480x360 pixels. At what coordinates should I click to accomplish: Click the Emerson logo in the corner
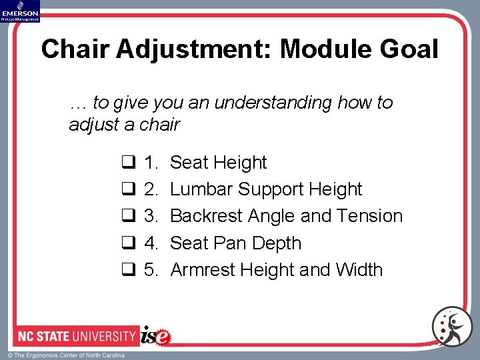pos(21,11)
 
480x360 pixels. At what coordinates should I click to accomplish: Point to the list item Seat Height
pos(218,163)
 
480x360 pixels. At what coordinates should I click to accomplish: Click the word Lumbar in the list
pos(201,189)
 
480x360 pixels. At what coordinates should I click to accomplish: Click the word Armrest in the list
pos(204,270)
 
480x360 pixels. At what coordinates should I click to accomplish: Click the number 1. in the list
pos(151,163)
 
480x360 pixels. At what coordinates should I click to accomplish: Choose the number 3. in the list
pos(151,216)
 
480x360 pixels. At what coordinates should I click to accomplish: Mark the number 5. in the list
pos(151,270)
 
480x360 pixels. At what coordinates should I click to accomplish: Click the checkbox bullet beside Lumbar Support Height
pos(128,190)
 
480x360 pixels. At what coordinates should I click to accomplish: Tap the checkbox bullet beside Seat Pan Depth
pos(128,244)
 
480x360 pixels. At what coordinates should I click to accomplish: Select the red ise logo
pos(156,335)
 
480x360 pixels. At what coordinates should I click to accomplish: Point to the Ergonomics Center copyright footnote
pos(66,355)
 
